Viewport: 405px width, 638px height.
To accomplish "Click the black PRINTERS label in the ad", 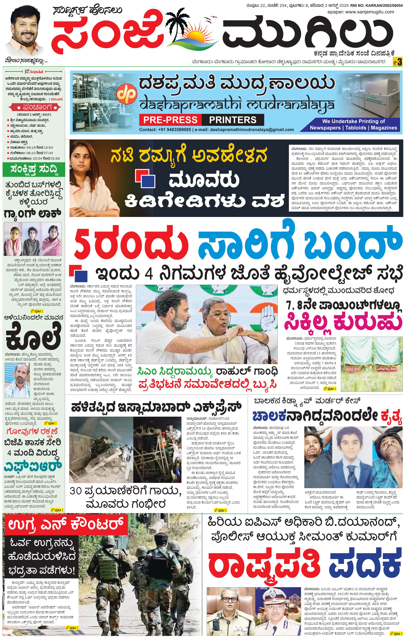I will [x=233, y=120].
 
